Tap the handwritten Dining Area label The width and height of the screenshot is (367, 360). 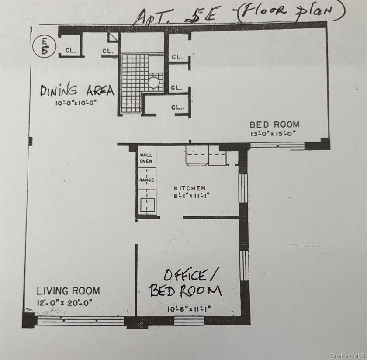(x=77, y=90)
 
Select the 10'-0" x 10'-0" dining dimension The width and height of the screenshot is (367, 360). (x=76, y=103)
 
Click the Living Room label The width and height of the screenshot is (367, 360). (x=68, y=291)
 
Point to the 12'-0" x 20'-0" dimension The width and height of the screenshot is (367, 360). (x=65, y=303)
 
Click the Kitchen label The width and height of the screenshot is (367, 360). (x=190, y=188)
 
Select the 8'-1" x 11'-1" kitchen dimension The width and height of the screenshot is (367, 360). (x=191, y=195)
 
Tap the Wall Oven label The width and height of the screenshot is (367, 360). (x=146, y=158)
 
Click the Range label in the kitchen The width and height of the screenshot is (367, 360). (x=147, y=180)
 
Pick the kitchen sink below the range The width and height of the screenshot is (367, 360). (x=147, y=205)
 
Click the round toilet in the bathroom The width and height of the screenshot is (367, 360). (x=153, y=83)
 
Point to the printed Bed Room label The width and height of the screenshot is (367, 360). (x=274, y=125)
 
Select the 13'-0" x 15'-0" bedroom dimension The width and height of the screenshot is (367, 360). (x=273, y=134)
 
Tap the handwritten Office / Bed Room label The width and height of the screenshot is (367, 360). (x=186, y=283)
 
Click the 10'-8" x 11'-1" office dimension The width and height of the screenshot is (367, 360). (x=189, y=309)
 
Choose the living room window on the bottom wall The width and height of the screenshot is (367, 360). (x=80, y=320)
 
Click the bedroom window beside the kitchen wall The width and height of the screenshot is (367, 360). (x=277, y=145)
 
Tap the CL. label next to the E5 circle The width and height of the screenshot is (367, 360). (x=71, y=50)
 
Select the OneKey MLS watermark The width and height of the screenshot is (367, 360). (x=347, y=356)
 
